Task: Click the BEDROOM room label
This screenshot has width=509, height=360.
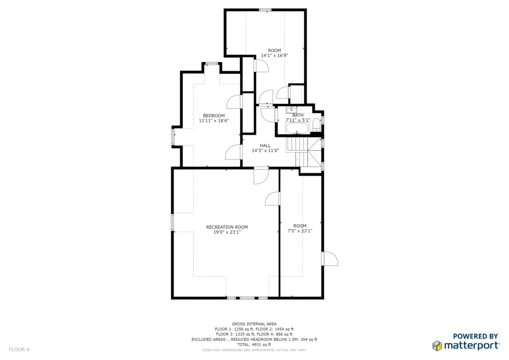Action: tap(214, 115)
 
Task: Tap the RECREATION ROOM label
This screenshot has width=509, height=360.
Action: tap(227, 227)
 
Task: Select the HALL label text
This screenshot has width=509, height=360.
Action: tap(265, 146)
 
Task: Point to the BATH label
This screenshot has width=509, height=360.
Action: tap(298, 115)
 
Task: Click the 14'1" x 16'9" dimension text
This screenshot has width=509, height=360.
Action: tap(274, 56)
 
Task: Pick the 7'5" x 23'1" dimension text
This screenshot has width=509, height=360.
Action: tap(300, 231)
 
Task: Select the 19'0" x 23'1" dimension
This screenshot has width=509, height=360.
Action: tap(227, 232)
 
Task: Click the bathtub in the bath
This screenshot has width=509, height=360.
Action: tap(297, 128)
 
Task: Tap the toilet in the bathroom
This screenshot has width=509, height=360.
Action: tap(316, 125)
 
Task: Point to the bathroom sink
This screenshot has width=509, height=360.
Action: tap(291, 110)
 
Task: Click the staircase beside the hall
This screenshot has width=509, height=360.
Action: tap(304, 151)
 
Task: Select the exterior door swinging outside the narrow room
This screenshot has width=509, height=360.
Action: tap(330, 259)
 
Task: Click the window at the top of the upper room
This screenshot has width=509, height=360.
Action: tap(265, 10)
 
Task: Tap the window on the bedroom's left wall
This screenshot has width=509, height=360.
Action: tap(173, 137)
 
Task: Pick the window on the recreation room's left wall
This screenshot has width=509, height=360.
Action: tap(172, 222)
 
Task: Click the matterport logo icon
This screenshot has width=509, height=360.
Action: tap(437, 346)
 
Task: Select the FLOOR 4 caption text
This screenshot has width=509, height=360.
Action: tap(19, 350)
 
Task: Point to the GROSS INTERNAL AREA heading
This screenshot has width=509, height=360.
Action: tap(254, 324)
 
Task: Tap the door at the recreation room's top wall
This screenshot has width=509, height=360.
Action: tap(261, 176)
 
